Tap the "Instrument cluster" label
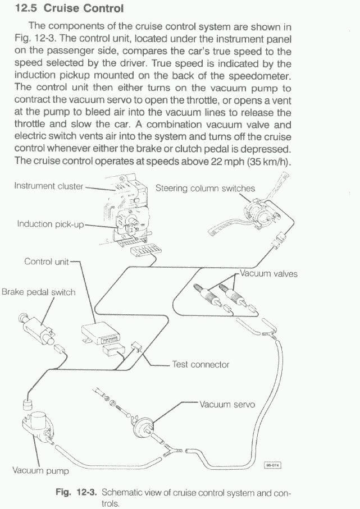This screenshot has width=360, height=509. [x=49, y=186]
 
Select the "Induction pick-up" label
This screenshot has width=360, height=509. [x=50, y=224]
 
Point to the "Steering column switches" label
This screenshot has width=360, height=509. [x=205, y=188]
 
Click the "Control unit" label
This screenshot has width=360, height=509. [x=46, y=262]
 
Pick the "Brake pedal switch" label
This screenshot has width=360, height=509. [x=38, y=292]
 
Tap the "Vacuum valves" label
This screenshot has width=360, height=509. [x=268, y=274]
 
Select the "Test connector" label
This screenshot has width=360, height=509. [x=200, y=364]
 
